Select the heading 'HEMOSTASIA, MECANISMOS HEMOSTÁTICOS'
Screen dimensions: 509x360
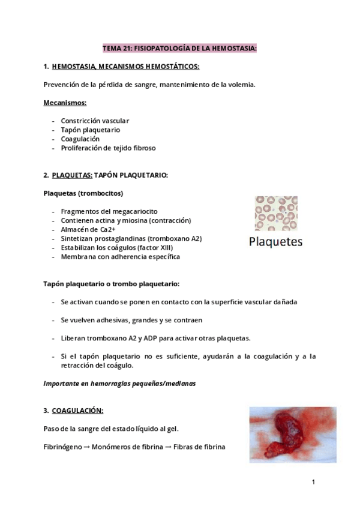coord(125,66)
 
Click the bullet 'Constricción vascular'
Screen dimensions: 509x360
coord(95,121)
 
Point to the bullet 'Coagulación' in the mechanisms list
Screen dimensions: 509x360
coord(80,139)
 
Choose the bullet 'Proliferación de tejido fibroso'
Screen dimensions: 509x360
coord(108,148)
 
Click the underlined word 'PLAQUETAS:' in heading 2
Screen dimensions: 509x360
coord(72,175)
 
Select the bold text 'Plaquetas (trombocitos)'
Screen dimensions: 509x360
coord(83,193)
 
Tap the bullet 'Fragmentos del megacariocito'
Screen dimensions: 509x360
coord(108,211)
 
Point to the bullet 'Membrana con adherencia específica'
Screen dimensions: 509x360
coord(120,256)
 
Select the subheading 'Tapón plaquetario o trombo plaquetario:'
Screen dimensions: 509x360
coord(111,283)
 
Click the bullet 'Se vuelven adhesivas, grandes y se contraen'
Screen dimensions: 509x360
coord(131,320)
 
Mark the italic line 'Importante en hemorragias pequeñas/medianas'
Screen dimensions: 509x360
coord(120,384)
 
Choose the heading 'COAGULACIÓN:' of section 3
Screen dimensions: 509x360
coord(77,411)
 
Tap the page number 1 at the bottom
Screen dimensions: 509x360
coord(313,481)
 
